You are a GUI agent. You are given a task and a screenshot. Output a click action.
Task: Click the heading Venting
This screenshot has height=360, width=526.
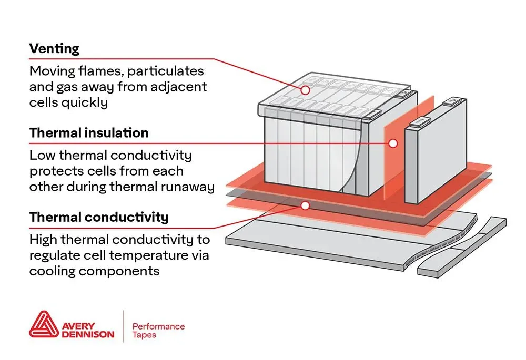54,49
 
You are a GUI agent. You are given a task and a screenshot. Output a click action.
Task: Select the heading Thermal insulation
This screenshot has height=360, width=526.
89,133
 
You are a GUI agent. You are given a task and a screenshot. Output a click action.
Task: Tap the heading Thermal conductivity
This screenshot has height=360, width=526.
99,217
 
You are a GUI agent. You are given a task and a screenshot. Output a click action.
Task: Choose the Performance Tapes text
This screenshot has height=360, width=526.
158,331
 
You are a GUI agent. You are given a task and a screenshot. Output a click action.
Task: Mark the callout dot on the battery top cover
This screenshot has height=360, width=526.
305,90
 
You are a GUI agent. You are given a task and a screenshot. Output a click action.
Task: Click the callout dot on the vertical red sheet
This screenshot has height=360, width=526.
392,142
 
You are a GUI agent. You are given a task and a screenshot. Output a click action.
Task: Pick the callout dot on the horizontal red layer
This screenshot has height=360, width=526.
305,205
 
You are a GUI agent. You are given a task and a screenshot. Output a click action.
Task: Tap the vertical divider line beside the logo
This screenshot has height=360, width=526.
123,326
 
